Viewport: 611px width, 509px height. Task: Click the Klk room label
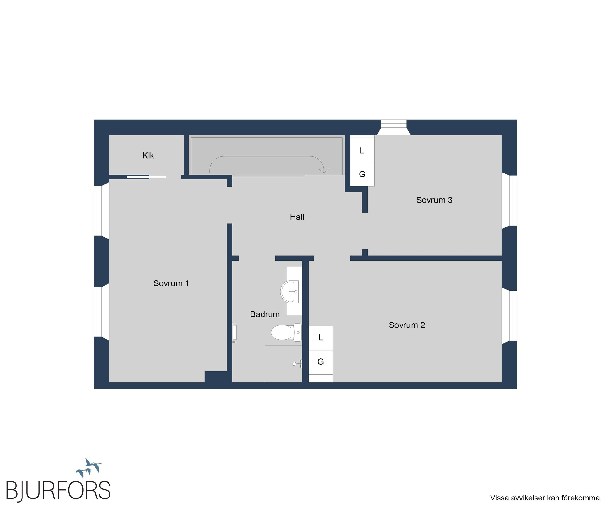(148, 156)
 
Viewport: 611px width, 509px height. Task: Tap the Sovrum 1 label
(171, 283)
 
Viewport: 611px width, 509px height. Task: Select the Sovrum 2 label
(407, 325)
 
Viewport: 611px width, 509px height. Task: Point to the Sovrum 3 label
(434, 200)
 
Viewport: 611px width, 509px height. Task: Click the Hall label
(297, 217)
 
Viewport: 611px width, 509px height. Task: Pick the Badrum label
(265, 314)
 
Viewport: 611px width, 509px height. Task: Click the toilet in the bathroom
(286, 332)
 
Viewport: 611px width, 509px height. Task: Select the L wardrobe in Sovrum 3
(362, 150)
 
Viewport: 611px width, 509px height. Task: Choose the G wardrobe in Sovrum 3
(362, 174)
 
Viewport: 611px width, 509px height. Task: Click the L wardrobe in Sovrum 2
(321, 338)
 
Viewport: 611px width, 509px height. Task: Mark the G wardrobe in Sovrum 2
(321, 362)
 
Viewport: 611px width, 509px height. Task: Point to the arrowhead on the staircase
(324, 171)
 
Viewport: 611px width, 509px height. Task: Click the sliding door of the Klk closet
(146, 177)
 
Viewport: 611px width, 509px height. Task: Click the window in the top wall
(394, 127)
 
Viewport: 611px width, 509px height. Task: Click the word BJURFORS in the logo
(58, 490)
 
